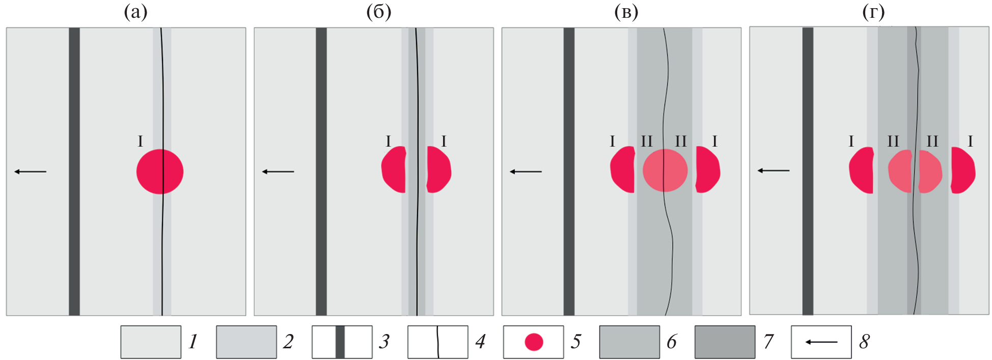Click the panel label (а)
pos(135,12)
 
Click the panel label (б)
pos(378,12)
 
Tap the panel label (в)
pos(626,12)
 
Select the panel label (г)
pos(873,12)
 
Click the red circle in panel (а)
pos(160,172)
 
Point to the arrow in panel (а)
pos(31,172)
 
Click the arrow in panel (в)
pos(526,172)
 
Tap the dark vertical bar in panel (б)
pos(321,172)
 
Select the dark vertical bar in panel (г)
pos(808,172)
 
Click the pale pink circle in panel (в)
pos(665,171)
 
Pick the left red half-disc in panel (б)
pos(394,170)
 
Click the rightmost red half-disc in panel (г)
pos(962,171)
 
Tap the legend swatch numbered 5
pos(533,342)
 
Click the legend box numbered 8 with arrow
pos(821,342)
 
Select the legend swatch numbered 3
pos(342,342)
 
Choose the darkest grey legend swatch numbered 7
pos(725,342)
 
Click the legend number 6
pos(672,342)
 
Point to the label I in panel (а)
pos(141,142)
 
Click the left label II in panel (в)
pos(646,142)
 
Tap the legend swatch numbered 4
pos(437,342)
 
